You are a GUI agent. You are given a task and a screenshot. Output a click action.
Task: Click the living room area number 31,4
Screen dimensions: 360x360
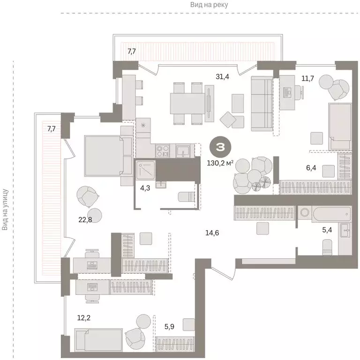pyautogui.click(x=222, y=77)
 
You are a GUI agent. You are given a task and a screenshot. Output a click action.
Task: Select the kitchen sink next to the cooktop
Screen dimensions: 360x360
pyautogui.click(x=182, y=150)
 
